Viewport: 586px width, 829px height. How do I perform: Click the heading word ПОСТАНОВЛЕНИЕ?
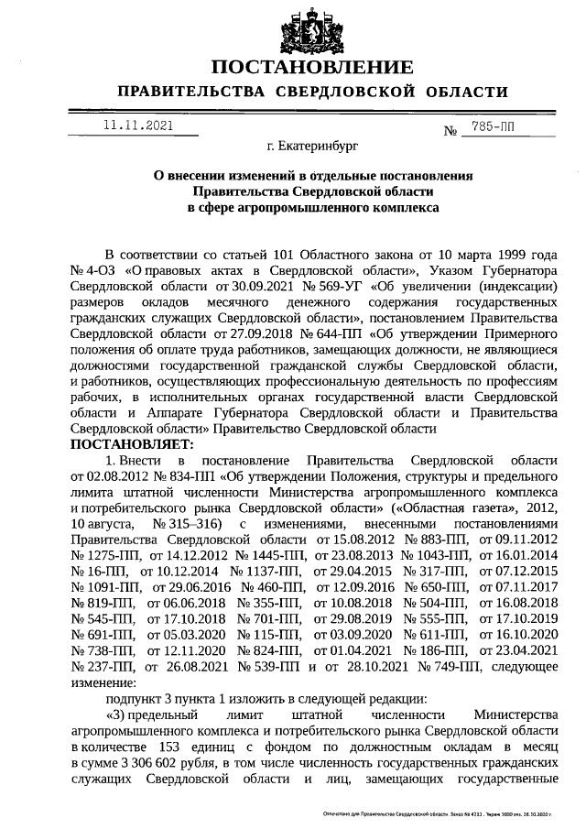pyautogui.click(x=311, y=68)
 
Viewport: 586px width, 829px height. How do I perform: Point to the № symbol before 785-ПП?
pyautogui.click(x=450, y=131)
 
